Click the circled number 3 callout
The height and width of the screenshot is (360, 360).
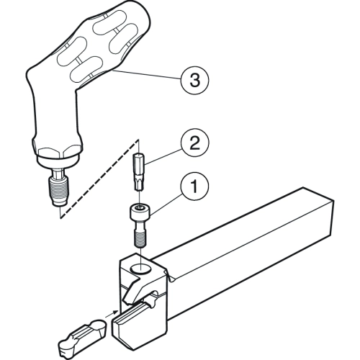click(x=194, y=80)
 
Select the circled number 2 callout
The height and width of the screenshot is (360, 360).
click(x=194, y=144)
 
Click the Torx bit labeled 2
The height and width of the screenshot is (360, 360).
click(x=139, y=172)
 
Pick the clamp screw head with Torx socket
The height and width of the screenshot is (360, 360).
click(x=140, y=212)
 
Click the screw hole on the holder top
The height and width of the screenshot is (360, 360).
click(x=140, y=269)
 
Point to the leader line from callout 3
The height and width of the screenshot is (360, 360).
click(x=147, y=75)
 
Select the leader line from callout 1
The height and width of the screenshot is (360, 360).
click(x=166, y=204)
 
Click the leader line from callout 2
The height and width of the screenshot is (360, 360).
click(x=163, y=156)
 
